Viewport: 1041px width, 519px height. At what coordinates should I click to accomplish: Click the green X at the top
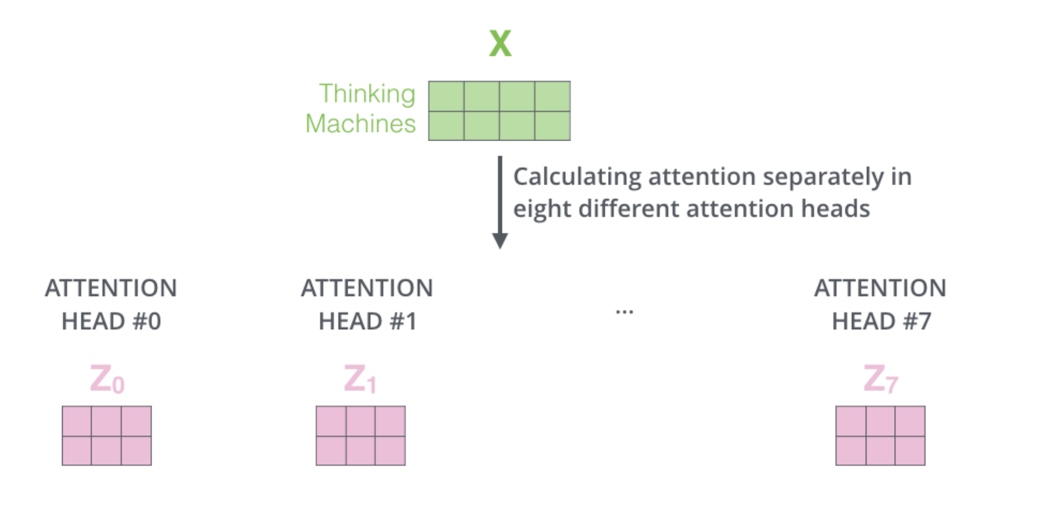coord(500,43)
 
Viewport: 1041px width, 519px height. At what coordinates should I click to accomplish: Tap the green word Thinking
coord(367,94)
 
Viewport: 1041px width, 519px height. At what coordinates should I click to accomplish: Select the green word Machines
coord(360,124)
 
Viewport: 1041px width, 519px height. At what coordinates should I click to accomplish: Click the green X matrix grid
coord(499,110)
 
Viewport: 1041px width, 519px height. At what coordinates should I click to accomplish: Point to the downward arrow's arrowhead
coord(500,240)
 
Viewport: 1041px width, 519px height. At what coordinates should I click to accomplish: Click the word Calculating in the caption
coord(577,177)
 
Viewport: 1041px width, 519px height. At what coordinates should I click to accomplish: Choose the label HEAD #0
coord(111,321)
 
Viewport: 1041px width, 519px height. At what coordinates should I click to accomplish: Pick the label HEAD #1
coord(367,321)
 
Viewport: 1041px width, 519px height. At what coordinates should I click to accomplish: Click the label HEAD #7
coord(881,321)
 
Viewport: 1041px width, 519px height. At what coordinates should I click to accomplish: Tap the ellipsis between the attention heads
coord(624,312)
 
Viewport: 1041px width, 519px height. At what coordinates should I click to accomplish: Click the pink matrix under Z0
coord(107,435)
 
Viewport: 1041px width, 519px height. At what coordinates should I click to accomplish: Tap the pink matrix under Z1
coord(360,435)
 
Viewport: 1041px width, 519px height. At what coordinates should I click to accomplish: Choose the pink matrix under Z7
coord(880,435)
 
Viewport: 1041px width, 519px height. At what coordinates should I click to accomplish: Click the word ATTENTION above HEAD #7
coord(880,288)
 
